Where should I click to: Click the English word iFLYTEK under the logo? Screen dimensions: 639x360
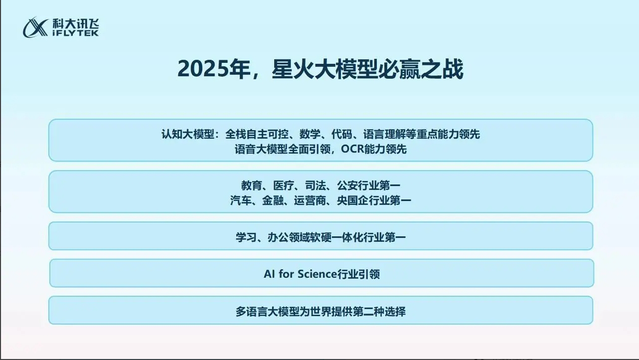(x=76, y=33)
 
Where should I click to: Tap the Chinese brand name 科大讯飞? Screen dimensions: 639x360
(x=76, y=23)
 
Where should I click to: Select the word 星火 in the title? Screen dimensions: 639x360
(x=293, y=69)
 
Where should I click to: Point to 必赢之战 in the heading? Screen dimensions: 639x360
(x=421, y=69)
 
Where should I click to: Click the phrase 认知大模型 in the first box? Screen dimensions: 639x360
(x=188, y=134)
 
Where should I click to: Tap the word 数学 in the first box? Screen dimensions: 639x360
(x=310, y=134)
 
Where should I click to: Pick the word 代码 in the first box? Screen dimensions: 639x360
(x=342, y=134)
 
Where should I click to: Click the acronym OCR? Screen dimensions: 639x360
(x=352, y=149)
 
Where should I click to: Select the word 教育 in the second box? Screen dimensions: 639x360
(x=252, y=185)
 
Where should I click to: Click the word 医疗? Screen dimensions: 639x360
(x=284, y=185)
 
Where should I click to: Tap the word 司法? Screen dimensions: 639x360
(x=316, y=185)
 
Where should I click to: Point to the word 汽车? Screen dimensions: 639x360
(x=241, y=200)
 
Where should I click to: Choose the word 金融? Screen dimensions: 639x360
(x=273, y=200)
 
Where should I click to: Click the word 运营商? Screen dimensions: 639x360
(x=310, y=200)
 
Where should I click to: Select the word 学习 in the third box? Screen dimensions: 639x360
(x=246, y=237)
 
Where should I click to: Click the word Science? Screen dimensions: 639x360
(x=317, y=274)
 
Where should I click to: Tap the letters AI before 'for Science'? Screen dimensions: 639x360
(x=269, y=274)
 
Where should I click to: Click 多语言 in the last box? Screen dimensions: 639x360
(x=251, y=312)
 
